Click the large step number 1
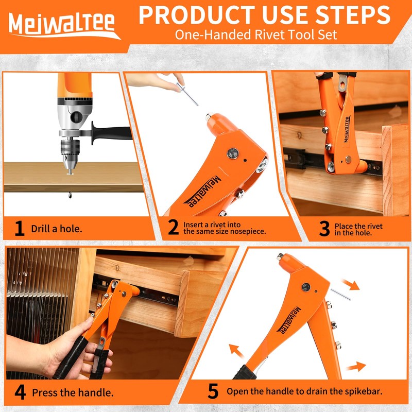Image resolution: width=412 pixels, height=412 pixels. pos(19,228)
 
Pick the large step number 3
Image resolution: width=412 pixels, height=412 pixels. pos(323,229)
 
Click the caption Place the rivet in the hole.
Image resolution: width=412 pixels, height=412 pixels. pos(358,229)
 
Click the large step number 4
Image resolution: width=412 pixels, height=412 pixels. pos(20,392)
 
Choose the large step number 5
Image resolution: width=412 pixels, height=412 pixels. pos(213,392)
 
